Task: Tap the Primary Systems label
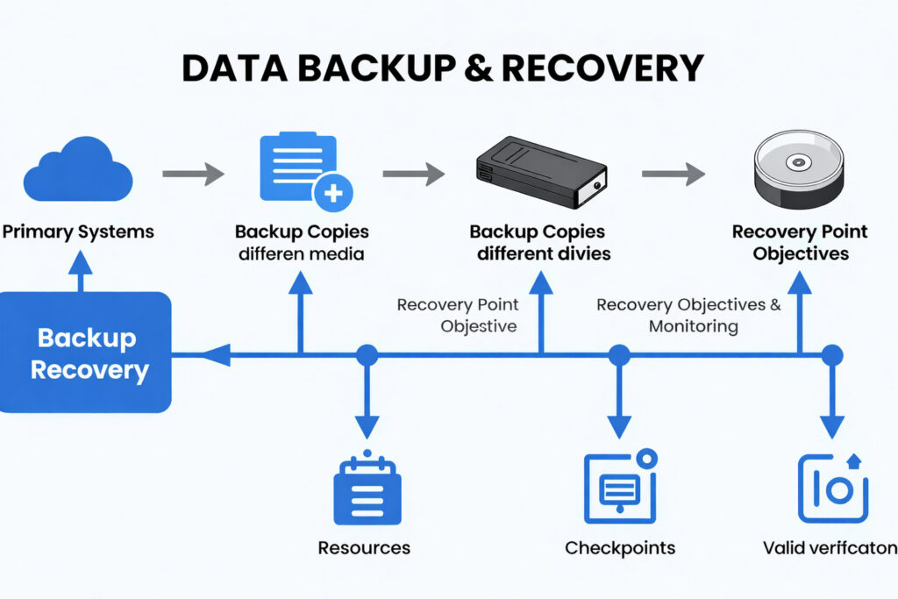pos(78,232)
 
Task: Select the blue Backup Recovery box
pos(86,353)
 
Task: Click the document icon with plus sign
pos(303,169)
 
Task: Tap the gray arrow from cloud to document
pos(193,174)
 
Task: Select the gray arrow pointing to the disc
pos(673,174)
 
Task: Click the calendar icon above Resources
pos(367,488)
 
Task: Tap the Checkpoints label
pos(620,548)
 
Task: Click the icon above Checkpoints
pos(620,486)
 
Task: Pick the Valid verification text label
pos(830,548)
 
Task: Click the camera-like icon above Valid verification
pos(832,488)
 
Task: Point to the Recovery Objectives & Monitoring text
pos(688,316)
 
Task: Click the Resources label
pos(364,548)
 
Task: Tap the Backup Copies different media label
pos(302,243)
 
